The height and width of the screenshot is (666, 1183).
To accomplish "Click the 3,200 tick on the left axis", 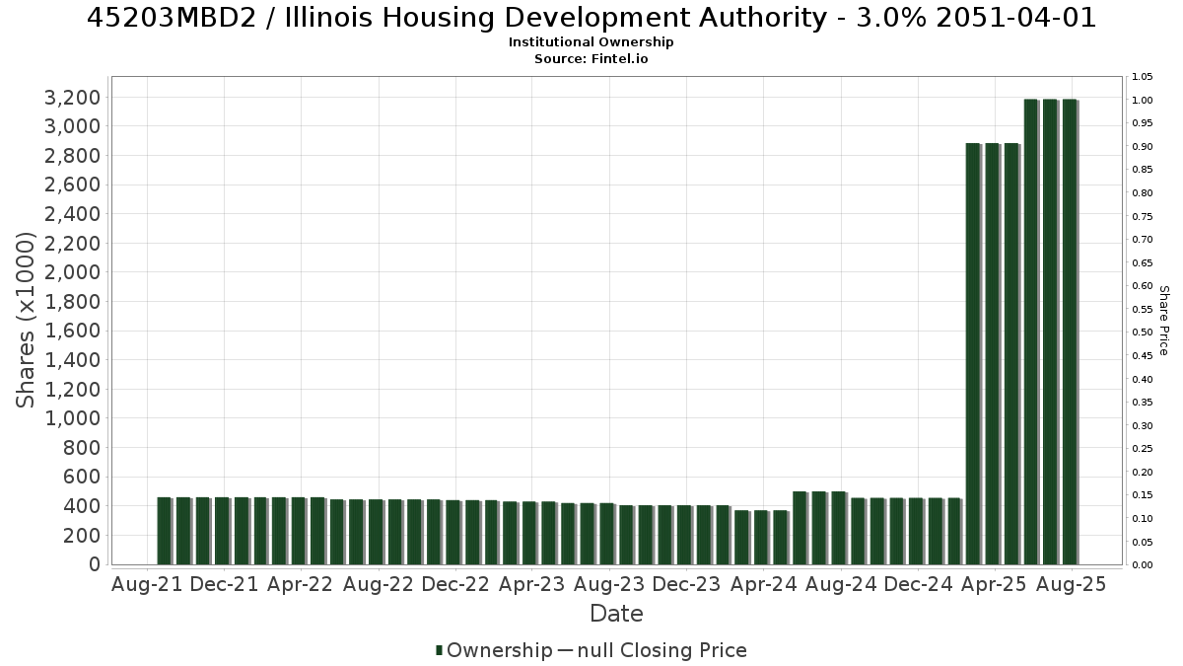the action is click(72, 98).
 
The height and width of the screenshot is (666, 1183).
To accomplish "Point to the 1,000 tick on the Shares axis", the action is click(72, 418).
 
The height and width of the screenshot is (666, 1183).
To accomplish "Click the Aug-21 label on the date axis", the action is click(147, 584).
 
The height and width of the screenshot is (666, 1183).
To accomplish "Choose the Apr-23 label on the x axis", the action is click(531, 584).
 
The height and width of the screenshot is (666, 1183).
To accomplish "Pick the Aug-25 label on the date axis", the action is click(1071, 584).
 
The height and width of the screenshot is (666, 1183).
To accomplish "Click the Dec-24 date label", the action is click(918, 584).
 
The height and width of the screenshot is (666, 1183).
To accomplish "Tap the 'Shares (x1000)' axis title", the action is click(25, 321).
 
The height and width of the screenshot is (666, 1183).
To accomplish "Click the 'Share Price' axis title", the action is click(1163, 321).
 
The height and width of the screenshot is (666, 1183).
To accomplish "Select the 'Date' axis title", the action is click(616, 614).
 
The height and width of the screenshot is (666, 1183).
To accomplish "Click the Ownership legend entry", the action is click(494, 650).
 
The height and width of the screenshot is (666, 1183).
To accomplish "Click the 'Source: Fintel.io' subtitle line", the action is click(591, 58).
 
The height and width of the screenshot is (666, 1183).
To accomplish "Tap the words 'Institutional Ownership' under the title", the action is click(591, 42).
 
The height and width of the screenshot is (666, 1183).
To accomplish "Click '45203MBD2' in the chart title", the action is click(172, 18).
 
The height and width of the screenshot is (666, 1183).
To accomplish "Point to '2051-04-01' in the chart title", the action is click(1016, 18).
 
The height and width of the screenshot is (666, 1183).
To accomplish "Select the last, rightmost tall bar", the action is click(1070, 332).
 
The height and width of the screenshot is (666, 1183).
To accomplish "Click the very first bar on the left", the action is click(165, 531).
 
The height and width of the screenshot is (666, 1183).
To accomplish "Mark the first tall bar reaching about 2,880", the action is click(973, 354).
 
